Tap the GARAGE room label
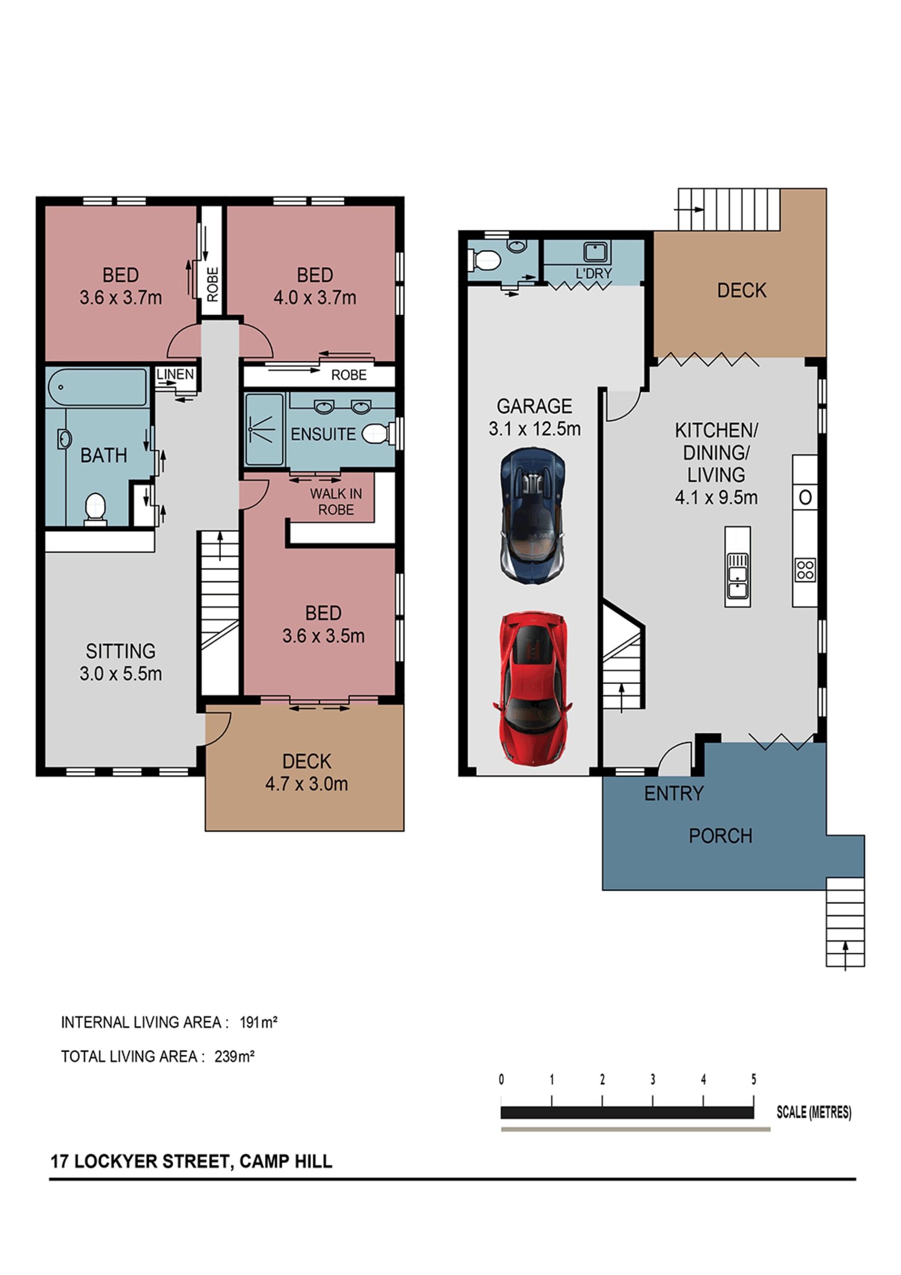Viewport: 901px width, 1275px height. click(534, 406)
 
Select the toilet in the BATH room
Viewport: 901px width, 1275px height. click(96, 509)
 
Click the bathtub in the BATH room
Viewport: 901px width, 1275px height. click(97, 387)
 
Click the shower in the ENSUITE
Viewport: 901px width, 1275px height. click(264, 429)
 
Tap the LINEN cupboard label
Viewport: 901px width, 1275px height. click(175, 374)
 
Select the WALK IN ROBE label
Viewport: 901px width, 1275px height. click(336, 502)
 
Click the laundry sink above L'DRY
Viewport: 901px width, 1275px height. click(596, 253)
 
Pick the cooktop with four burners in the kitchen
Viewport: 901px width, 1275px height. click(805, 569)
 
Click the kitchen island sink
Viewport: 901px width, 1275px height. click(738, 575)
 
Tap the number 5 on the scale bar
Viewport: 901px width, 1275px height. click(753, 1079)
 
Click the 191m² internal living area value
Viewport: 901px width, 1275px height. click(259, 1022)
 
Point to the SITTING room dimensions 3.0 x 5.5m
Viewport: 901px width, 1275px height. click(120, 673)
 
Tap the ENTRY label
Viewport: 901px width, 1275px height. click(674, 793)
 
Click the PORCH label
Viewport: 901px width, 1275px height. click(721, 836)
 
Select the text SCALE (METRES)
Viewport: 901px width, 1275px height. click(813, 1112)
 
